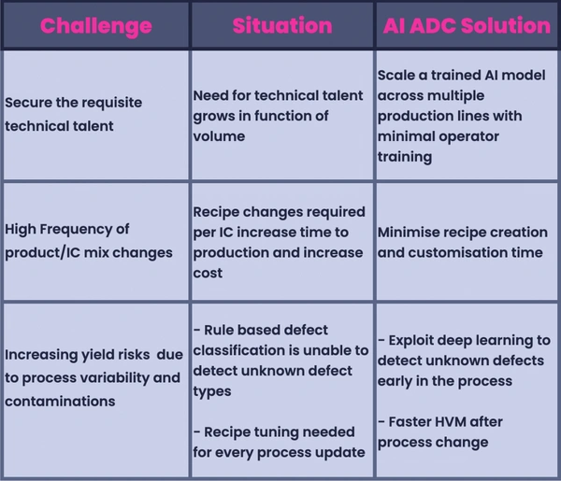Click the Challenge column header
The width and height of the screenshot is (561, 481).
[96, 26]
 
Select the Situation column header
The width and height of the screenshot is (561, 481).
[282, 26]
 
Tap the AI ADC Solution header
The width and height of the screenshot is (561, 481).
[467, 26]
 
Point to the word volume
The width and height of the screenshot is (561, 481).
[219, 136]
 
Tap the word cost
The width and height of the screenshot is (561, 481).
[208, 274]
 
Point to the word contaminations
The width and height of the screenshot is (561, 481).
[60, 402]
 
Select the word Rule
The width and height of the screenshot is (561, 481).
[219, 330]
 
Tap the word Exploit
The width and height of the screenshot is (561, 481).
[410, 341]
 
